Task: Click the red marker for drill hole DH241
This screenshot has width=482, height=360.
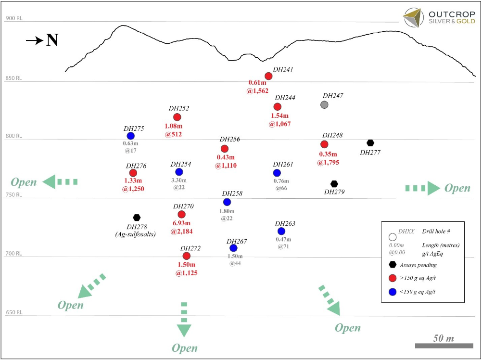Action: (268, 76)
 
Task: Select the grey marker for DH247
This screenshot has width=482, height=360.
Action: (324, 105)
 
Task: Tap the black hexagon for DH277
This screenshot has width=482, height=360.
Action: (370, 142)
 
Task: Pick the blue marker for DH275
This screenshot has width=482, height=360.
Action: (130, 136)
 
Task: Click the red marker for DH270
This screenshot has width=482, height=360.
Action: (181, 214)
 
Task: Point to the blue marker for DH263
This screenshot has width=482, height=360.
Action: (281, 231)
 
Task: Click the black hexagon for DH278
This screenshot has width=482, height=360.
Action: (137, 218)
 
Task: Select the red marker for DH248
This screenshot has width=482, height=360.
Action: (324, 144)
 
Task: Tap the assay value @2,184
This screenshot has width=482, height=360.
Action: (181, 231)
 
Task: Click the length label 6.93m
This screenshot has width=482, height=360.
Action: (181, 223)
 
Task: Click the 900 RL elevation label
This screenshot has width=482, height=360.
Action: (14, 19)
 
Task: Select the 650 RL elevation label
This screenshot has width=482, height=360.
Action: (14, 313)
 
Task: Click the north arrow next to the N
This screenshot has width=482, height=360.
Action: (34, 41)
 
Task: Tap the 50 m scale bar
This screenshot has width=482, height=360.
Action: (444, 346)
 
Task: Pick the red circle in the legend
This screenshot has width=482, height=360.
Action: (393, 277)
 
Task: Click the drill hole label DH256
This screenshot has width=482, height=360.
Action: (230, 140)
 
